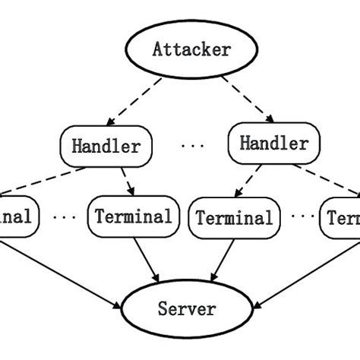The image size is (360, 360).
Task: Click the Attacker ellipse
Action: [191, 49]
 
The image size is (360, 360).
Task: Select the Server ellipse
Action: [186, 308]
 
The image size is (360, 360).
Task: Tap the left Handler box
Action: [106, 146]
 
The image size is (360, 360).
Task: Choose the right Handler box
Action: [273, 143]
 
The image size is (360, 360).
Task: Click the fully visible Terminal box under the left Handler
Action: [134, 216]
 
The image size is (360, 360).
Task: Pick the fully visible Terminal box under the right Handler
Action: [234, 218]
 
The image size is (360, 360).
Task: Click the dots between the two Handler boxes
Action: [191, 145]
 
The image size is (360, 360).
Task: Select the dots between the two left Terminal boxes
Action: [64, 216]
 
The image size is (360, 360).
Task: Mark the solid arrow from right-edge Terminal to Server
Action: [304, 275]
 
